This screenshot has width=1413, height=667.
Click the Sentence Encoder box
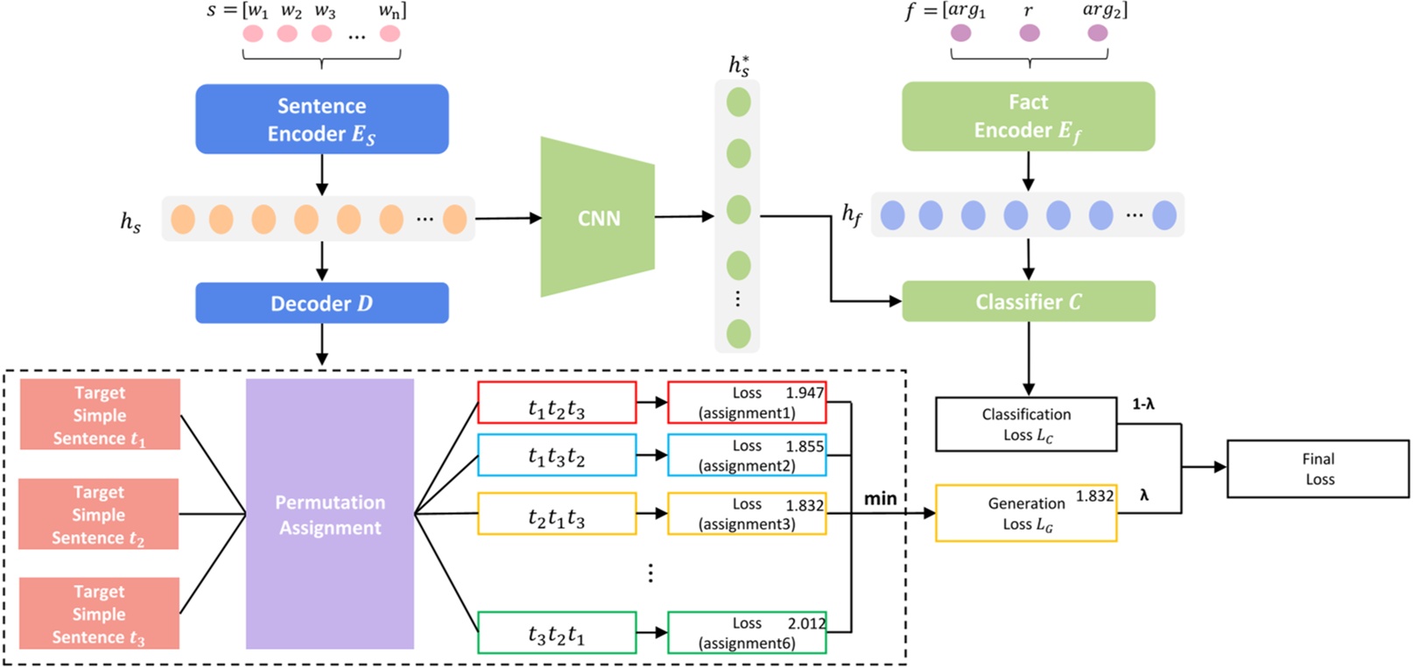321,119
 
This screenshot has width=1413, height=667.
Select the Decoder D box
321,303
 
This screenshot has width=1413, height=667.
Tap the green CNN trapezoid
598,217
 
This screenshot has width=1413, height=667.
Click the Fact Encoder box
1028,116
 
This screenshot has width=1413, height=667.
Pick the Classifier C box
1028,301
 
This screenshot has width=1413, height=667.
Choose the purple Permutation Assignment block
329,514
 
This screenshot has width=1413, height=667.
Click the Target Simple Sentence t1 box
100,415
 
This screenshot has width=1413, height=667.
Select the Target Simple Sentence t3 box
99,614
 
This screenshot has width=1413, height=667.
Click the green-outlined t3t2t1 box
557,633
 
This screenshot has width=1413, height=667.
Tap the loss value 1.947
804,393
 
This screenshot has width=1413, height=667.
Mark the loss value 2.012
805,623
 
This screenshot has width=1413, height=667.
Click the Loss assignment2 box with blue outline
746,455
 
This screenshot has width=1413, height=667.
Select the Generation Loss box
1026,514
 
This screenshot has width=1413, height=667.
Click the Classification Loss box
1026,425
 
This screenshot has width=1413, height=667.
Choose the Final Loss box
1318,469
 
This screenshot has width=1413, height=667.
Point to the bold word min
880,498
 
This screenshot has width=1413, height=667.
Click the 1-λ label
1142,404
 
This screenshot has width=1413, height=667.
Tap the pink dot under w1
253,34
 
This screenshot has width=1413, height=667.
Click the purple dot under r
1030,33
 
